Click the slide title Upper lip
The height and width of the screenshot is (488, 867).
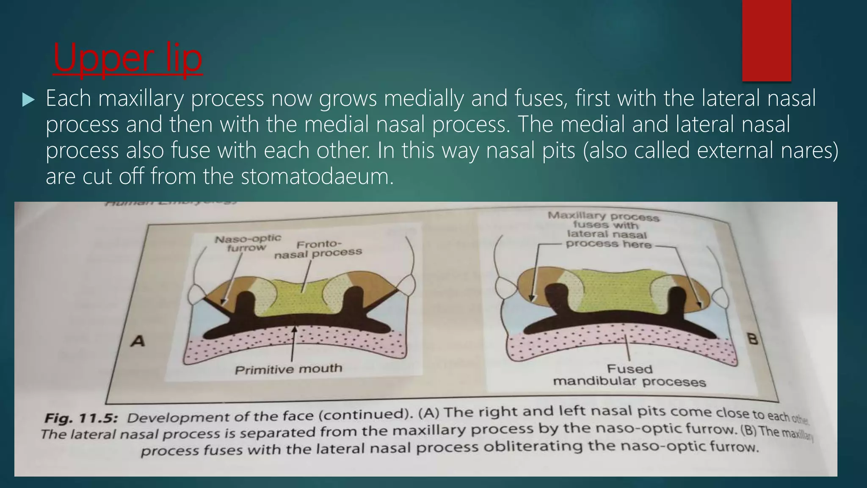click(127, 59)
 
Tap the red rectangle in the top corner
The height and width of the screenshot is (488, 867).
click(766, 40)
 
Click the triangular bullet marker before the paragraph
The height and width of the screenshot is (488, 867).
click(28, 100)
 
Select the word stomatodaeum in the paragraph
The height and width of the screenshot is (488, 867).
click(317, 177)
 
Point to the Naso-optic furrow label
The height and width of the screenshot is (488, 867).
click(248, 243)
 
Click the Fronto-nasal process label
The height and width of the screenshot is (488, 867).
click(318, 250)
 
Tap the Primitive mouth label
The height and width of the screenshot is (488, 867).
click(288, 369)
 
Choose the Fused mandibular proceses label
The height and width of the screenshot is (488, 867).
click(630, 376)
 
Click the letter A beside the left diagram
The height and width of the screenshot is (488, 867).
click(138, 341)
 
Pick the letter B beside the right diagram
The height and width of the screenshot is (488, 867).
click(753, 339)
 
